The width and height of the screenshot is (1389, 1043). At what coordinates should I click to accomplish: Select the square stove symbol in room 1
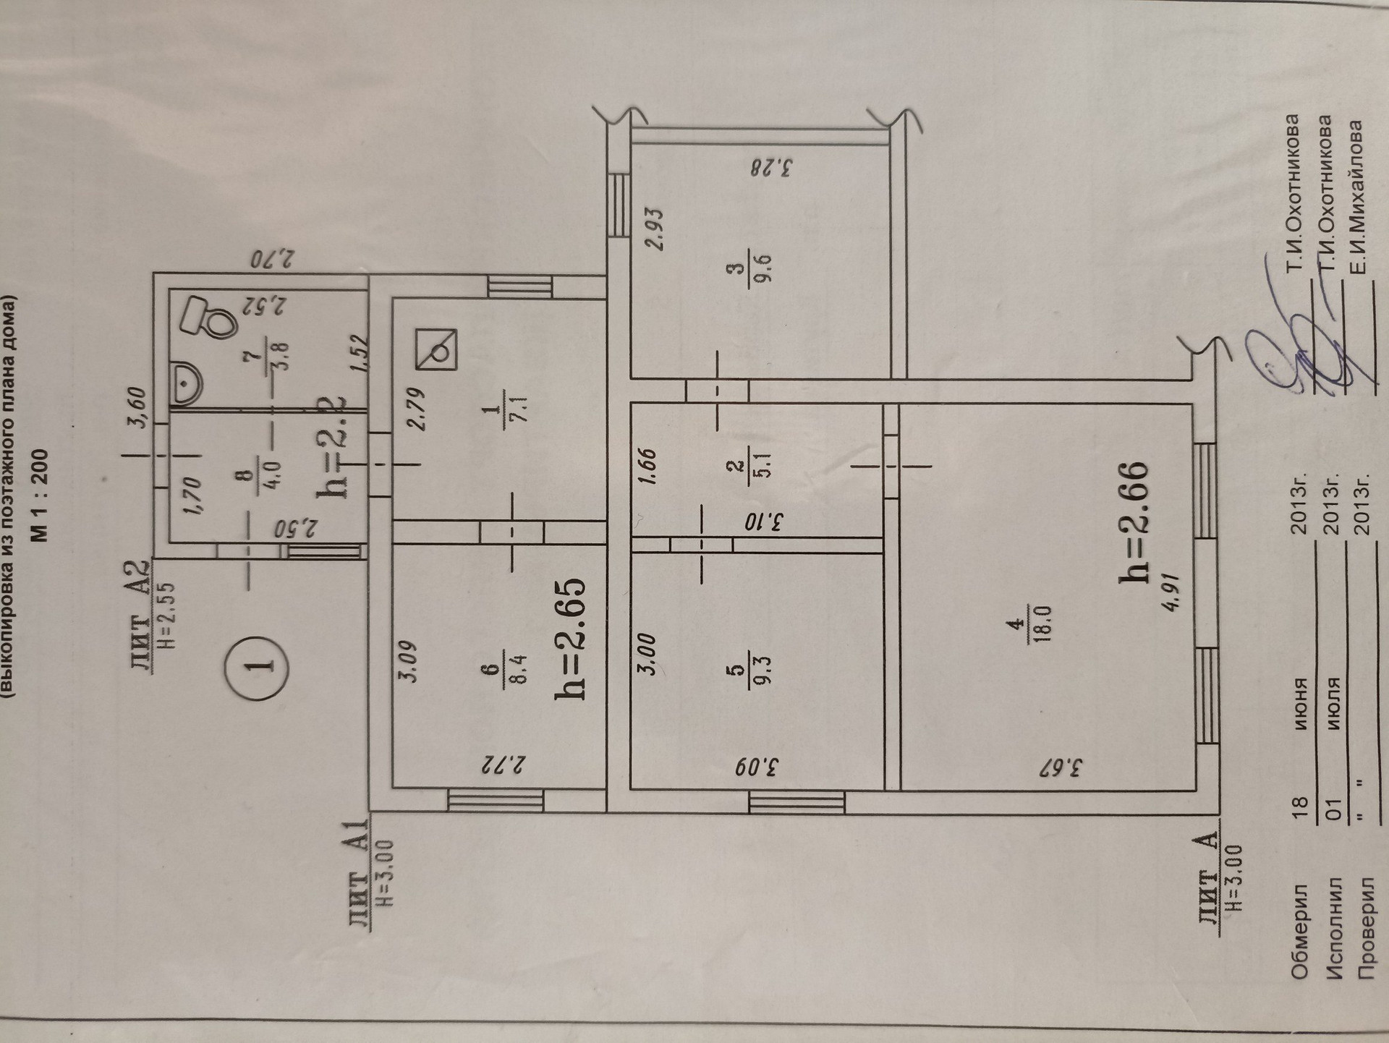[x=436, y=349]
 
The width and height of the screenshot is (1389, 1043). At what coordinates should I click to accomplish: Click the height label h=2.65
[x=569, y=639]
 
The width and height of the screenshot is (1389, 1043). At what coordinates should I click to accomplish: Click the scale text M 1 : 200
[x=39, y=495]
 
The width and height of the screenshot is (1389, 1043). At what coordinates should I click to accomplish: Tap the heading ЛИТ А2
[x=143, y=616]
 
